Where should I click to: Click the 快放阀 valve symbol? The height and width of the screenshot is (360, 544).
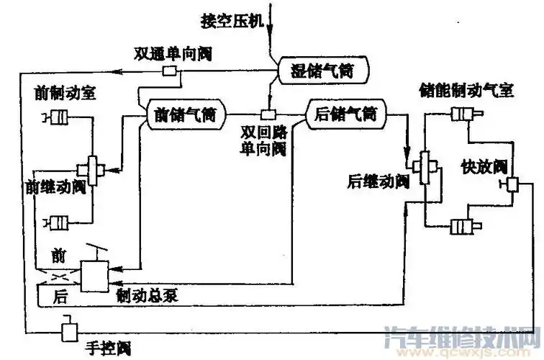tap(514, 185)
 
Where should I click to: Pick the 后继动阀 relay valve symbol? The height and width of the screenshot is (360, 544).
tap(425, 168)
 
